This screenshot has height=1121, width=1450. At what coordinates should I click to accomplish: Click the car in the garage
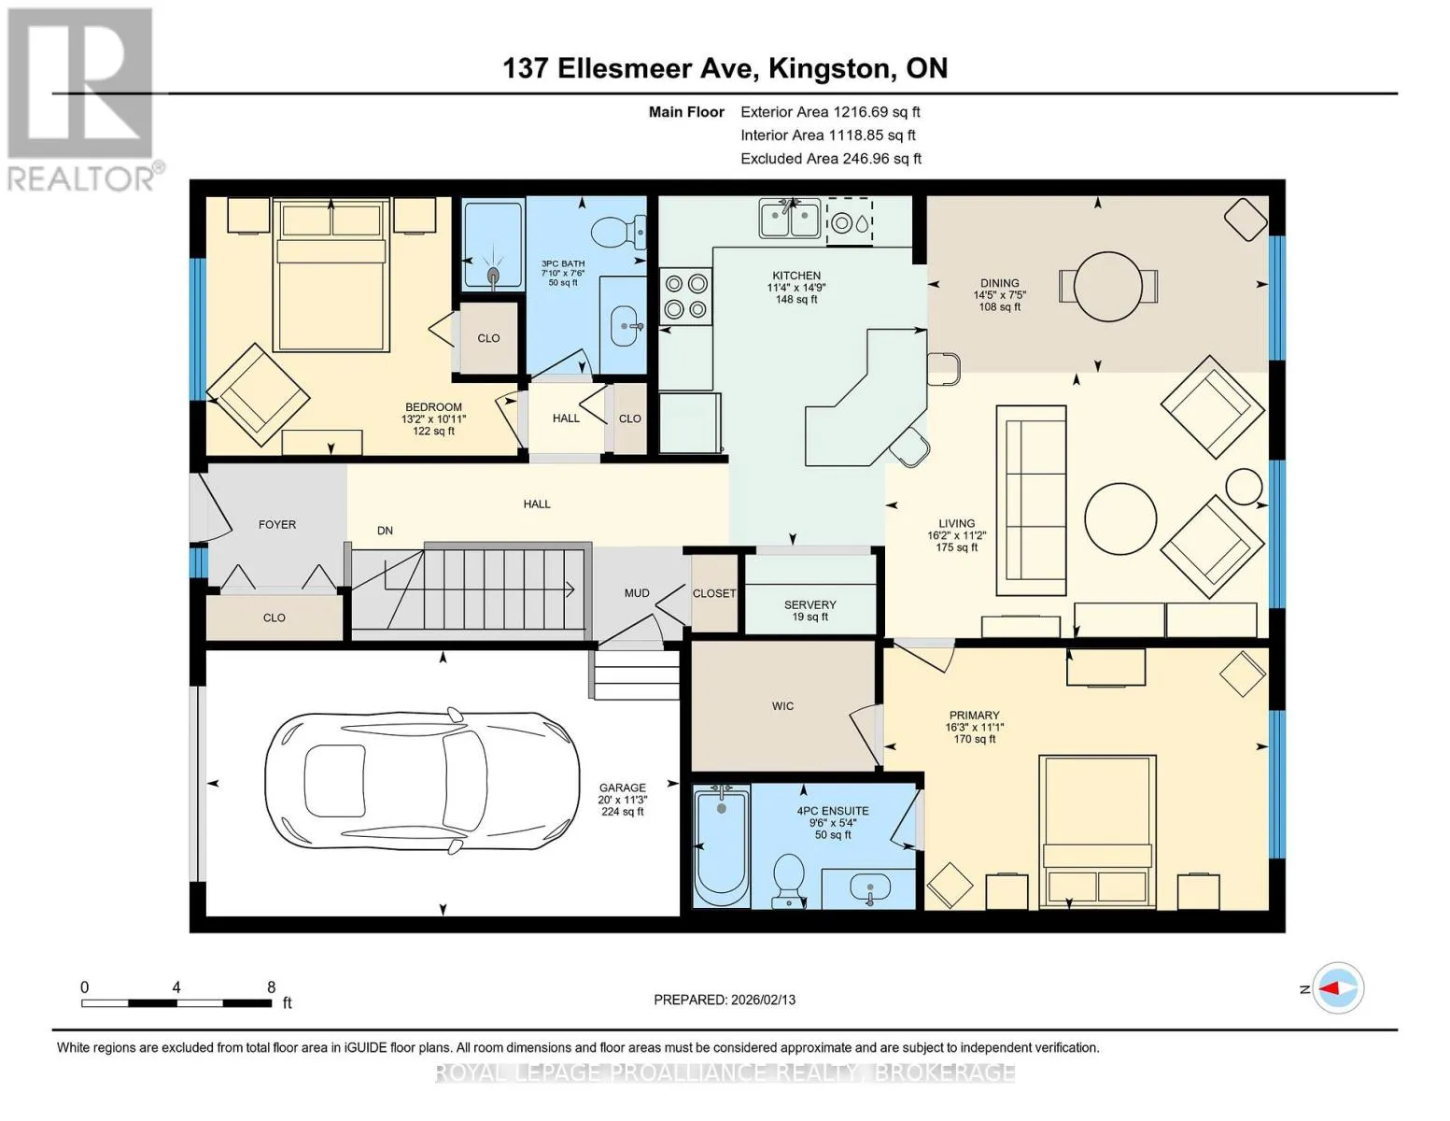[x=422, y=780]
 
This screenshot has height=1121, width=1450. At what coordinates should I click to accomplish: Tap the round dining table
[x=1107, y=287]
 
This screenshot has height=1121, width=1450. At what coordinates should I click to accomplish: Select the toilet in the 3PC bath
[x=619, y=231]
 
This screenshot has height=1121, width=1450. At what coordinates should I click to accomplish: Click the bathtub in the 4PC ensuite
[x=722, y=846]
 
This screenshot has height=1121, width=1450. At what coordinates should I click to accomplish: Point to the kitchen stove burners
[x=686, y=296]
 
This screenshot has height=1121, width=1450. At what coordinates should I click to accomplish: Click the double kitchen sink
[x=790, y=218]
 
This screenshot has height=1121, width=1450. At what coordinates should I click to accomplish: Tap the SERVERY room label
[x=810, y=604]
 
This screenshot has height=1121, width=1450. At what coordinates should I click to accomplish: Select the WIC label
[x=782, y=705]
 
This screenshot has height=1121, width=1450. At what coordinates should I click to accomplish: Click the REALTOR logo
[x=82, y=100]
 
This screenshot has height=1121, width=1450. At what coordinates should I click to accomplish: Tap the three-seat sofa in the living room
[x=1031, y=500]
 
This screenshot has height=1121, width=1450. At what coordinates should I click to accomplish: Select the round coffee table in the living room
[x=1120, y=518]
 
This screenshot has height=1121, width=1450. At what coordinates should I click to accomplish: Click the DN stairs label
[x=385, y=531]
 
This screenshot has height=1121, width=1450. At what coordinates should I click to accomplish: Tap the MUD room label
[x=637, y=593]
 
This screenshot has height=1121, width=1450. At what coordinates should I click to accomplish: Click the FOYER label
[x=277, y=525]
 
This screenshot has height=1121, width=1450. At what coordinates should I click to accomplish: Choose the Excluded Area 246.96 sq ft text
[x=831, y=158]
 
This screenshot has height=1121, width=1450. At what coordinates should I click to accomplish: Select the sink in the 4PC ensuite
[x=870, y=888]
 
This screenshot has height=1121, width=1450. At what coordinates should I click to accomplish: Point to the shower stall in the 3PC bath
[x=493, y=245]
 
